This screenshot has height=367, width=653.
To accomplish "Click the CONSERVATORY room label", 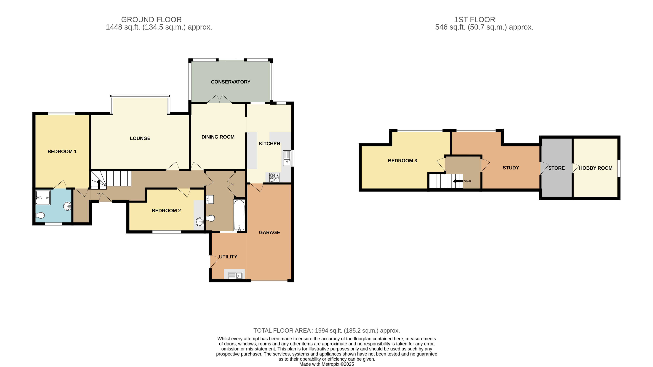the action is click(x=230, y=82).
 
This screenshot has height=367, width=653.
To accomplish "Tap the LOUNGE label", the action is click(x=140, y=138).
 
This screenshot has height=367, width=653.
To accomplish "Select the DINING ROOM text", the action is click(x=218, y=137).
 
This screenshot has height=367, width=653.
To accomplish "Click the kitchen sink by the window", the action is click(x=287, y=158).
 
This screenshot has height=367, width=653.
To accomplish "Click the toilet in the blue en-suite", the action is click(x=40, y=215).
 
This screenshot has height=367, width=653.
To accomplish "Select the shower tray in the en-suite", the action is click(x=43, y=197).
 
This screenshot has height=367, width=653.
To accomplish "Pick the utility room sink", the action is click(x=235, y=275).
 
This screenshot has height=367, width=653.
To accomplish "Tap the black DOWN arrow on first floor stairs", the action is click(x=458, y=181).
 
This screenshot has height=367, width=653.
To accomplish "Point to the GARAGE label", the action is click(x=269, y=232).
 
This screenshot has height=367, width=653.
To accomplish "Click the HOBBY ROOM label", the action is click(x=595, y=168).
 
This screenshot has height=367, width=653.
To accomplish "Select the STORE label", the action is click(x=556, y=168).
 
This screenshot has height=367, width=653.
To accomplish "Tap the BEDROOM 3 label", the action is click(x=402, y=161).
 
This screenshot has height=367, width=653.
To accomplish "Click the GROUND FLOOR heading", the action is click(x=151, y=20).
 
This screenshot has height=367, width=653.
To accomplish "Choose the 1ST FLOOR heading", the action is click(x=475, y=20).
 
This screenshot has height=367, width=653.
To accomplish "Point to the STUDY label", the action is click(x=511, y=168).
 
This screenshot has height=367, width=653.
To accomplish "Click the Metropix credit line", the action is click(x=326, y=364).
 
